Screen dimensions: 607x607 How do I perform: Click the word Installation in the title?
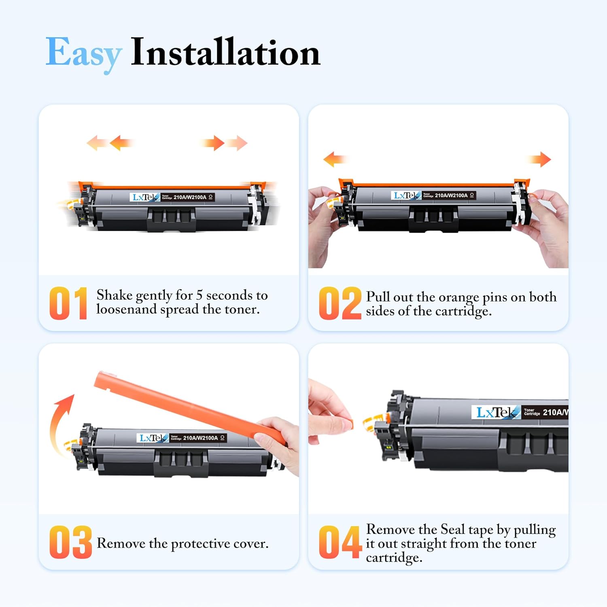pyautogui.click(x=226, y=52)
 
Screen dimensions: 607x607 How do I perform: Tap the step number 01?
pyautogui.click(x=68, y=303)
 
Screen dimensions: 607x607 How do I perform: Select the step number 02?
pyautogui.click(x=340, y=303)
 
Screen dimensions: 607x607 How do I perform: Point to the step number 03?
pyautogui.click(x=70, y=542)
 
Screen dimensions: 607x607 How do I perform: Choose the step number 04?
pyautogui.click(x=340, y=542)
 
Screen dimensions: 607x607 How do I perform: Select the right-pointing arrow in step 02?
pyautogui.click(x=540, y=159)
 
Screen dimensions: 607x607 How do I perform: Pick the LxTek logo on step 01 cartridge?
pyautogui.click(x=145, y=197)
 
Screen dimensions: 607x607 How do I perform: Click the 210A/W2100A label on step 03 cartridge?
pyautogui.click(x=200, y=438)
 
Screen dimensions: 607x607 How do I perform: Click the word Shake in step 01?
pyautogui.click(x=115, y=295)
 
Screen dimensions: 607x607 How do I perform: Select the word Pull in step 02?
pyautogui.click(x=378, y=297)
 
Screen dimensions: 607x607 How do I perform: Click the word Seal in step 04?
pyautogui.click(x=452, y=529)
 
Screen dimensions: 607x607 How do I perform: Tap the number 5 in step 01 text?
pyautogui.click(x=199, y=295)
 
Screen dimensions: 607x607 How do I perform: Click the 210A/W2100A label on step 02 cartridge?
pyautogui.click(x=451, y=195)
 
